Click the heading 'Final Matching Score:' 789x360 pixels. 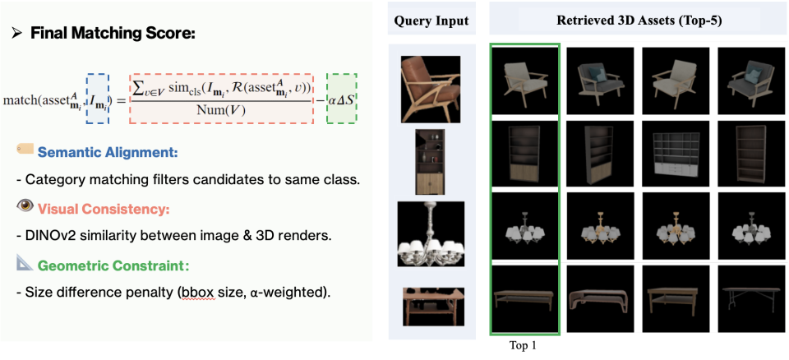(106, 35)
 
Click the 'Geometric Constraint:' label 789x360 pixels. (108, 265)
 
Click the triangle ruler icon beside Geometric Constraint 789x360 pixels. (25, 263)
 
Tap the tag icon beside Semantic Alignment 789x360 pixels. (25, 150)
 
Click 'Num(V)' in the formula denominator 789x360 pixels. (222, 110)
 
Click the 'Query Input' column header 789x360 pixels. (431, 21)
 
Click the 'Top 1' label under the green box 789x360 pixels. (523, 346)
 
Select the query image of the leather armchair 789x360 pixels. (430, 87)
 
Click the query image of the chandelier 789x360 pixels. (430, 233)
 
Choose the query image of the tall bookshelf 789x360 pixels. (430, 159)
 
